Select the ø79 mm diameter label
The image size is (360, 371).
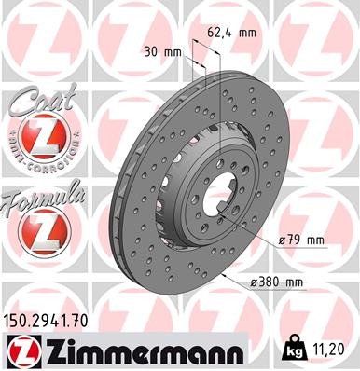pyautogui.click(x=300, y=240)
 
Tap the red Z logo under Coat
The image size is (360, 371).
pyautogui.click(x=38, y=140)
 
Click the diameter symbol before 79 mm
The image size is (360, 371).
pyautogui.click(x=280, y=241)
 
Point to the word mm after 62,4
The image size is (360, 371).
pyautogui.click(x=247, y=32)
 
